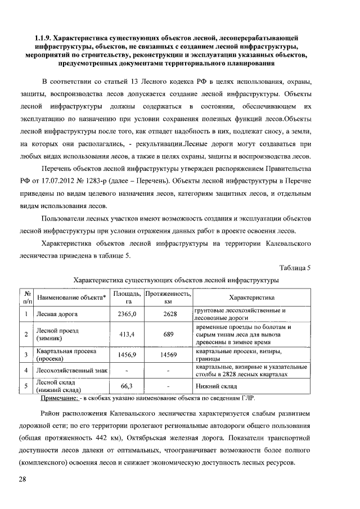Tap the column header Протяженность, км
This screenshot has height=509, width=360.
click(x=168, y=298)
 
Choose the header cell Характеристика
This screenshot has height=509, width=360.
click(x=251, y=298)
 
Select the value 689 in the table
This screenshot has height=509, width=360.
click(x=168, y=335)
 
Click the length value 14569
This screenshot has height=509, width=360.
click(x=168, y=355)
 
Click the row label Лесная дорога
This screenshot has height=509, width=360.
click(x=57, y=314)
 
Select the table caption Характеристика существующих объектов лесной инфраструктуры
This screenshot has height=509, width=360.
click(x=177, y=279)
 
